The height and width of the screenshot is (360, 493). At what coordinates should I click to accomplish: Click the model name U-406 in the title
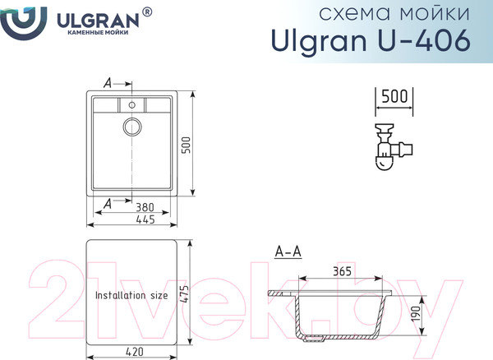pos(432,40)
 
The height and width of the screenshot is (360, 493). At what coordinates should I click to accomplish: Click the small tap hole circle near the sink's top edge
pos(131,105)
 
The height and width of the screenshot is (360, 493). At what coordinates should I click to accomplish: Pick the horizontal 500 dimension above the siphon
pos(395,96)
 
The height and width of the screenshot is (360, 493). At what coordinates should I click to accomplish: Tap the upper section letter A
pos(108,83)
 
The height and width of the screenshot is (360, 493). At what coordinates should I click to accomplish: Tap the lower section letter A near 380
pos(108,202)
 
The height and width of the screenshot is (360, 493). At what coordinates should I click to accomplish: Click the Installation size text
pos(131,293)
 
